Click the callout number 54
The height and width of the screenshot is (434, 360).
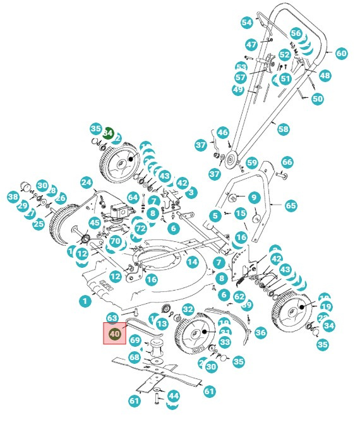[x=246, y=22]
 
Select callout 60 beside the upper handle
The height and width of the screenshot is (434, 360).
[x=341, y=54]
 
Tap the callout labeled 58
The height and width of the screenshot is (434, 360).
[x=283, y=129]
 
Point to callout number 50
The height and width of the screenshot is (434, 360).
[x=317, y=99]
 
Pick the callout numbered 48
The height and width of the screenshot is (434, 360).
[x=325, y=75]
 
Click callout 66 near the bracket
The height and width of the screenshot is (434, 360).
[x=287, y=162]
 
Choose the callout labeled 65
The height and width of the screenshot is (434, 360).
[x=291, y=205]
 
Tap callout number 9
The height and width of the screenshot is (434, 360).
[x=253, y=198]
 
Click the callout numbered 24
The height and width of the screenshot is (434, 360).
[x=86, y=183]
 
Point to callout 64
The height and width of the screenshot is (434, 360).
[x=132, y=198]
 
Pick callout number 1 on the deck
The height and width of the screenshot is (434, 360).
[x=85, y=301]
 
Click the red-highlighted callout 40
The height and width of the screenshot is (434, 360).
[x=114, y=334]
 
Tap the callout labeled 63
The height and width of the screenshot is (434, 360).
[x=112, y=318]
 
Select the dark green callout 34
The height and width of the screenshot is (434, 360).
[x=108, y=133]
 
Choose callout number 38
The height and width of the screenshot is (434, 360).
[x=13, y=197]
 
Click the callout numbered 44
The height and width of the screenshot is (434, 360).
[x=173, y=396]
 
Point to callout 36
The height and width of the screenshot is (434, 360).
[x=260, y=332]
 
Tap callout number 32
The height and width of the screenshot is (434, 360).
[x=188, y=309]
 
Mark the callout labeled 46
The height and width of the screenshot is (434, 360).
[x=222, y=133]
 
